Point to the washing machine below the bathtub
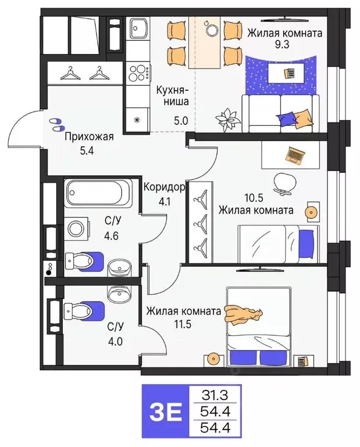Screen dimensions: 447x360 pos(76,228)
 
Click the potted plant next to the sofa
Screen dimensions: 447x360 pos(227,119)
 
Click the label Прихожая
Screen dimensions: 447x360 pos(89,137)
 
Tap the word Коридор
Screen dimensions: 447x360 pos(164,187)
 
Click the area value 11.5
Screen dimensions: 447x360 pos(184,323)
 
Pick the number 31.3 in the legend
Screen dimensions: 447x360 pos(214,395)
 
